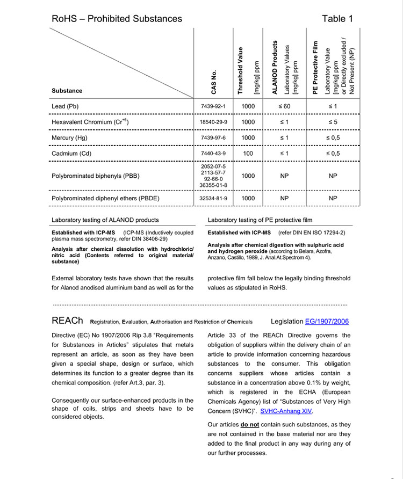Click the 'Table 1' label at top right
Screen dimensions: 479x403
[x=337, y=19]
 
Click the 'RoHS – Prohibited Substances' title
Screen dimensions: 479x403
[x=117, y=19]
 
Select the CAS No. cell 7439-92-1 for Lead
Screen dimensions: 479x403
[x=213, y=106]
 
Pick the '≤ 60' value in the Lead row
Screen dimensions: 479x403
[x=284, y=106]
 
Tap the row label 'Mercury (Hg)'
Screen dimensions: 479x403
[x=70, y=138]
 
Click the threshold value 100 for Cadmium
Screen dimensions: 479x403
[x=248, y=154]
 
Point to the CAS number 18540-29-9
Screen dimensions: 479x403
[x=213, y=122]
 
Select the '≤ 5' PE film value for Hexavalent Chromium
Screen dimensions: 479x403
[x=333, y=122]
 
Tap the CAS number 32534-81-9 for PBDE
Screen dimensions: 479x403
[x=213, y=198]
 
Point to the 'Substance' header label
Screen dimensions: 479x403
[x=67, y=91]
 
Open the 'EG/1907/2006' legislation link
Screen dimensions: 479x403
[x=327, y=322]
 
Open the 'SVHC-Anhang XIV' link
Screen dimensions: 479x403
[x=286, y=411]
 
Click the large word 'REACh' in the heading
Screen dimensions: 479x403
[x=67, y=321]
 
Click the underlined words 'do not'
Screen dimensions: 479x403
[x=250, y=424]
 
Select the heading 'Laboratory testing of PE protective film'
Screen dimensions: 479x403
[x=260, y=220]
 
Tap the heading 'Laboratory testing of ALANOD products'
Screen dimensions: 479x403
[x=105, y=220]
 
